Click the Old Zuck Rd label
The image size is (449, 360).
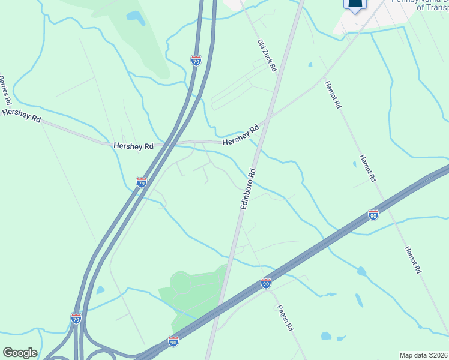pyautogui.click(x=267, y=56)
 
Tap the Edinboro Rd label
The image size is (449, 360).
pyautogui.click(x=248, y=188)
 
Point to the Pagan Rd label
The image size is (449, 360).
pyautogui.click(x=285, y=319)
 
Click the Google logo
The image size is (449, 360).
pyautogui.click(x=20, y=353)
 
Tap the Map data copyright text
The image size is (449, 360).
pyautogui.click(x=424, y=355)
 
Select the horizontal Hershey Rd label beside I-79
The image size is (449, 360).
pyautogui.click(x=133, y=146)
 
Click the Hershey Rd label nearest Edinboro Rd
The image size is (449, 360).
pyautogui.click(x=240, y=134)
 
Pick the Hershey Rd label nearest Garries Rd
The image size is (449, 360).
pyautogui.click(x=22, y=116)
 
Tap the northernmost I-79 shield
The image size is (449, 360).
pyautogui.click(x=196, y=61)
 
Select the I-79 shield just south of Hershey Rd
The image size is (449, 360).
pyautogui.click(x=142, y=182)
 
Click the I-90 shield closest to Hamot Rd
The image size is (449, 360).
pyautogui.click(x=373, y=214)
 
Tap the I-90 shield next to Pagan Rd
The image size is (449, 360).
pyautogui.click(x=266, y=282)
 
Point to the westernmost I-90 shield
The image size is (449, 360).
pyautogui.click(x=173, y=341)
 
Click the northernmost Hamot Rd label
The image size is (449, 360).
pyautogui.click(x=333, y=95)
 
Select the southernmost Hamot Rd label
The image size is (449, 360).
pyautogui.click(x=412, y=260)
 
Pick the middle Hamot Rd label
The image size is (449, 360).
pyautogui.click(x=367, y=169)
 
